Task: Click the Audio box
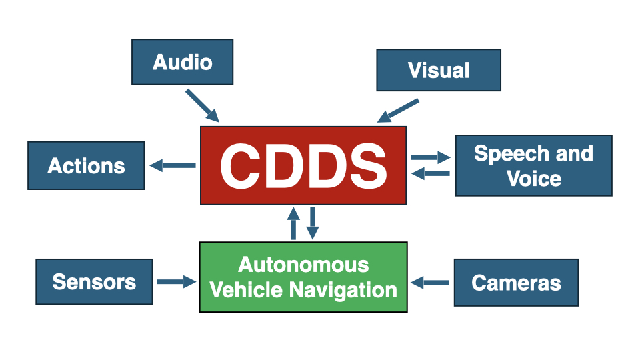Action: click(x=182, y=62)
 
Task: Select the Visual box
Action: click(x=438, y=70)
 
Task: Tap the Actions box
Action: click(x=86, y=165)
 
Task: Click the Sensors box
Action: click(x=94, y=281)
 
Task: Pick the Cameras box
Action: click(x=516, y=283)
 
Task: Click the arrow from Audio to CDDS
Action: click(x=202, y=105)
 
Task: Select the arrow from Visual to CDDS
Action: click(x=398, y=111)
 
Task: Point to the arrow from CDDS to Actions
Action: click(x=173, y=165)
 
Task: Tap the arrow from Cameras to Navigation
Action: click(x=430, y=283)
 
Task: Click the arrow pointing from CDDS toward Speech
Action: click(x=431, y=157)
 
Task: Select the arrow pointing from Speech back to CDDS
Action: click(x=431, y=174)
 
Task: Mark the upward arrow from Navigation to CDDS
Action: click(x=293, y=223)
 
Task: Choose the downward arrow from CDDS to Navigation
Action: click(x=312, y=223)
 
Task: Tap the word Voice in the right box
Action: click(x=534, y=179)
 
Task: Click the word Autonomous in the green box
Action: click(x=303, y=265)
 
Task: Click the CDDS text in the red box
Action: click(x=303, y=166)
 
